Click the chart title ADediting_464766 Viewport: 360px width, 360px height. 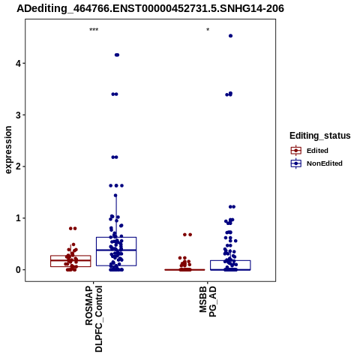pos(150,8)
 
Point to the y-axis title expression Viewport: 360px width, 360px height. pos(8,150)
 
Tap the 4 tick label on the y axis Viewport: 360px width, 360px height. pos(18,63)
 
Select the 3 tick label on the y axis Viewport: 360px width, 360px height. pos(18,115)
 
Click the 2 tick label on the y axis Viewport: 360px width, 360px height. pos(18,166)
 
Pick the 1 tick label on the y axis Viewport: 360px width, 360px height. pos(18,218)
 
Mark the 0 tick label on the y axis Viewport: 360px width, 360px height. pos(18,270)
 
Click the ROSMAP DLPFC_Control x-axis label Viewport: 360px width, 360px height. pos(94,319)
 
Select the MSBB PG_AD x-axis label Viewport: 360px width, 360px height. pos(208,301)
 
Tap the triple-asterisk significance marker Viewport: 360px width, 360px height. pos(94,30)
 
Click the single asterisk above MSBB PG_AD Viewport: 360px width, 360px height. pos(208,30)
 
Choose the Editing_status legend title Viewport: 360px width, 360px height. pos(320,136)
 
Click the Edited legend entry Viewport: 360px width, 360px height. pos(317,151)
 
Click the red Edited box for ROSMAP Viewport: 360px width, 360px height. pos(70,261)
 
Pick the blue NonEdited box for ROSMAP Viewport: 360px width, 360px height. pos(116,251)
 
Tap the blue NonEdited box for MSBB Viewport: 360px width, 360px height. pos(230,265)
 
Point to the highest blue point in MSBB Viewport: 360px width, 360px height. pos(230,36)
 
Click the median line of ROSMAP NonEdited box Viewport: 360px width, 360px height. pos(116,250)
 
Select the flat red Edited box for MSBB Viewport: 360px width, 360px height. pos(184,270)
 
